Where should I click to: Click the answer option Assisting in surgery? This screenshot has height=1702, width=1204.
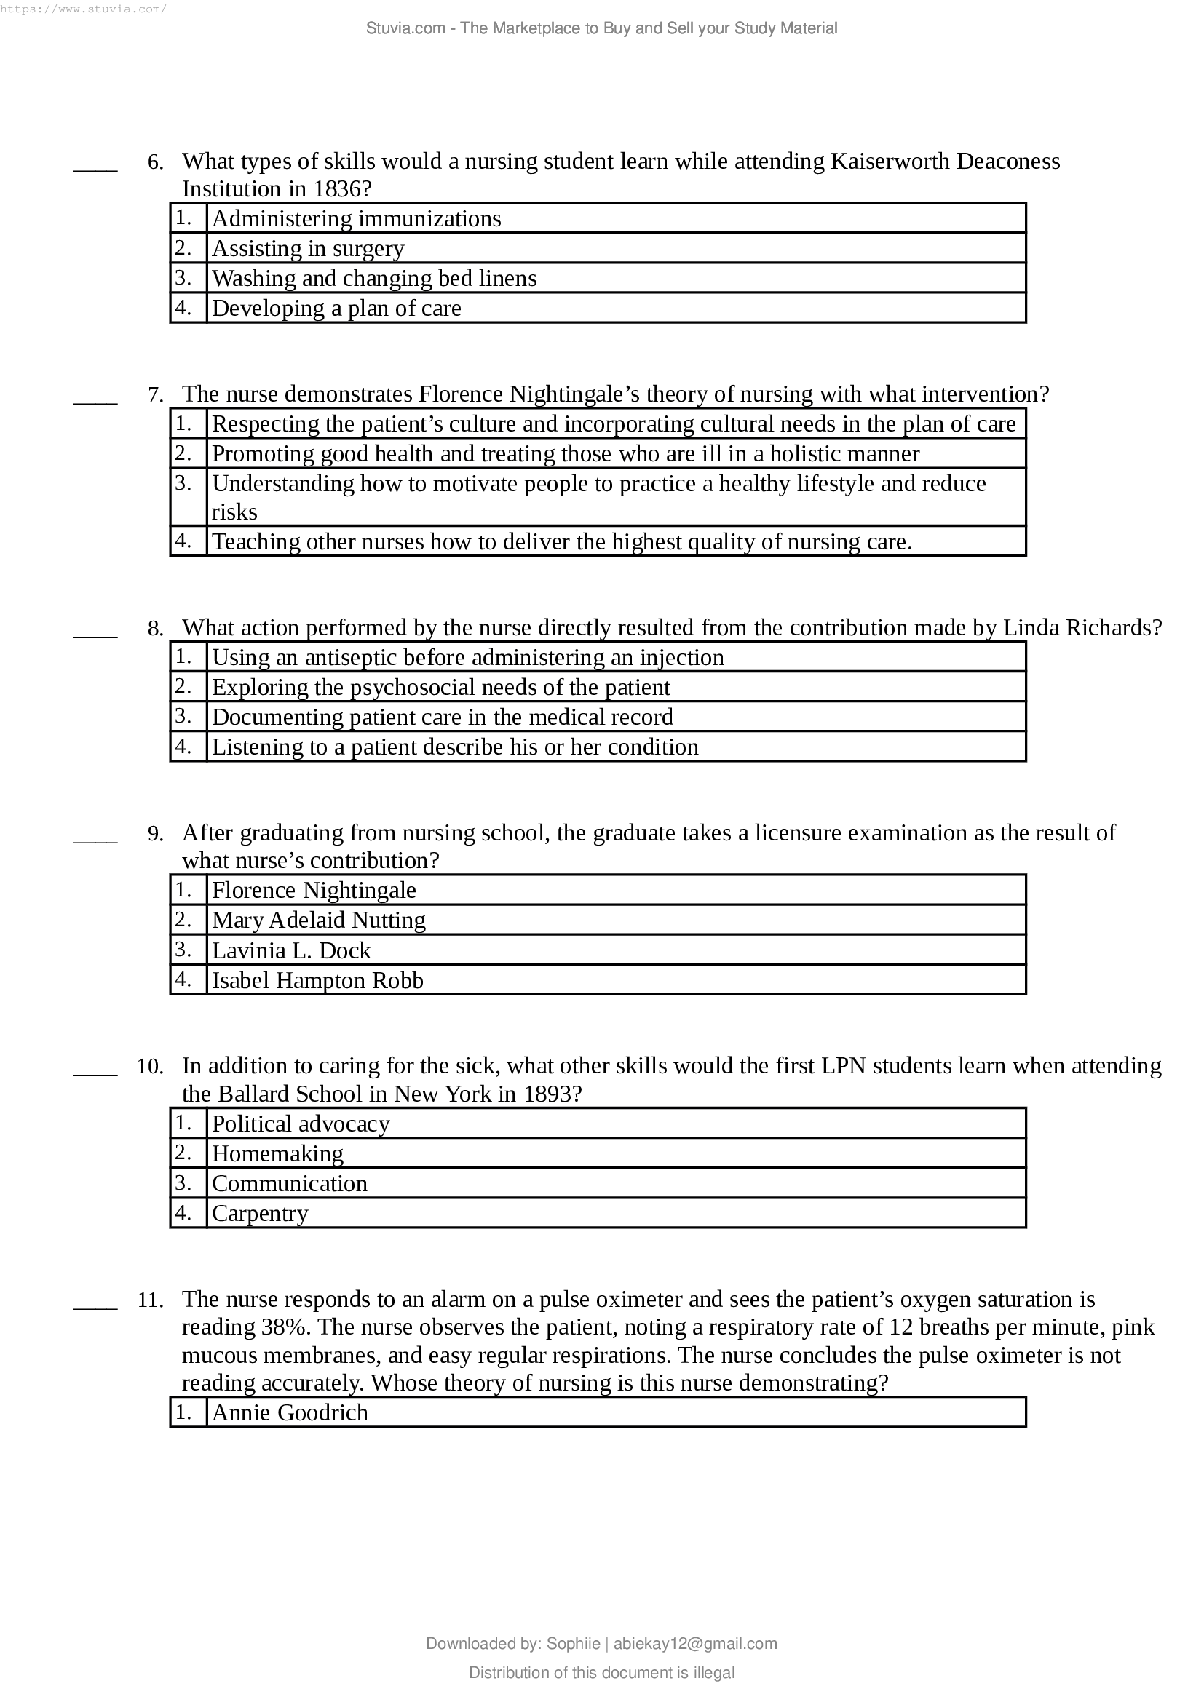tap(308, 248)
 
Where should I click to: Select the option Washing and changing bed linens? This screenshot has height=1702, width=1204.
tap(373, 278)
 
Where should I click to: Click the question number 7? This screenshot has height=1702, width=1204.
tap(156, 394)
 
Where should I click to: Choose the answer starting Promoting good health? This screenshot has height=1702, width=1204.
tap(565, 453)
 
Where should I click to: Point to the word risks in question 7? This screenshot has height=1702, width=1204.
tap(234, 512)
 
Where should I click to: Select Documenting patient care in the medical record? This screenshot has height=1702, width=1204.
tap(442, 717)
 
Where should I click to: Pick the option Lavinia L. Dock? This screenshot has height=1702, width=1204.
tap(290, 950)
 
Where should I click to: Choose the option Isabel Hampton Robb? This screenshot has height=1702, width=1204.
tap(317, 980)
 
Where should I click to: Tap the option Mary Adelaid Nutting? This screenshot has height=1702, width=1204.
tap(318, 920)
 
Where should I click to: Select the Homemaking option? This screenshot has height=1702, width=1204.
tap(277, 1153)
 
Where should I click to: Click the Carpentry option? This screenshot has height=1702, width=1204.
tap(259, 1213)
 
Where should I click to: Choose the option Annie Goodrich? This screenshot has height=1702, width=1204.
tap(290, 1412)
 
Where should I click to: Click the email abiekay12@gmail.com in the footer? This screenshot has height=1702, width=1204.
tap(694, 1644)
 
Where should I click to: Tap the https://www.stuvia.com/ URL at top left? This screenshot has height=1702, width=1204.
tap(83, 9)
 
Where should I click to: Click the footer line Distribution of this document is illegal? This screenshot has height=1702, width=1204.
tap(601, 1672)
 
